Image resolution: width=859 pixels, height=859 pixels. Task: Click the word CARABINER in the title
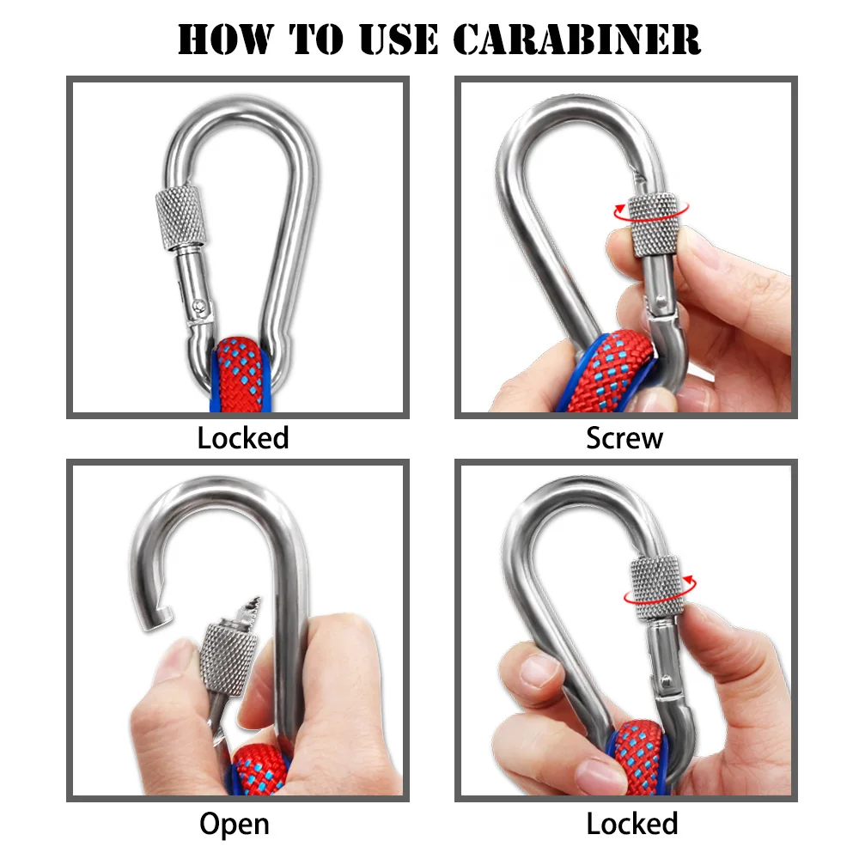pos(577,39)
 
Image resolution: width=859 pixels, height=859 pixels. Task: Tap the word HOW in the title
pos(224,39)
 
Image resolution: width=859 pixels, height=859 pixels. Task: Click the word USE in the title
pos(399,39)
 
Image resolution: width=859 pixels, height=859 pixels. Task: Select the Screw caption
pos(624,438)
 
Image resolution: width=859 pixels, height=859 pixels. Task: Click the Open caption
pos(235,825)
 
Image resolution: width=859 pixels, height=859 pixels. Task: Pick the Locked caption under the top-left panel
pos(243,438)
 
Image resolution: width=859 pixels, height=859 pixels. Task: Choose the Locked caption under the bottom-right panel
pos(632,824)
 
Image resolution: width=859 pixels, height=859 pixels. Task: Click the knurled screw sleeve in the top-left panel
pos(181,218)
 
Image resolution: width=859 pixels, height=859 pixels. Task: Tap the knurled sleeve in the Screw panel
pos(655,224)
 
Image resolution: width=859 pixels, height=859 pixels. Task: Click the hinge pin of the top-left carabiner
pos(200,305)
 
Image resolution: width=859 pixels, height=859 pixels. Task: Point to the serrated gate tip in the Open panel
pos(247,610)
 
